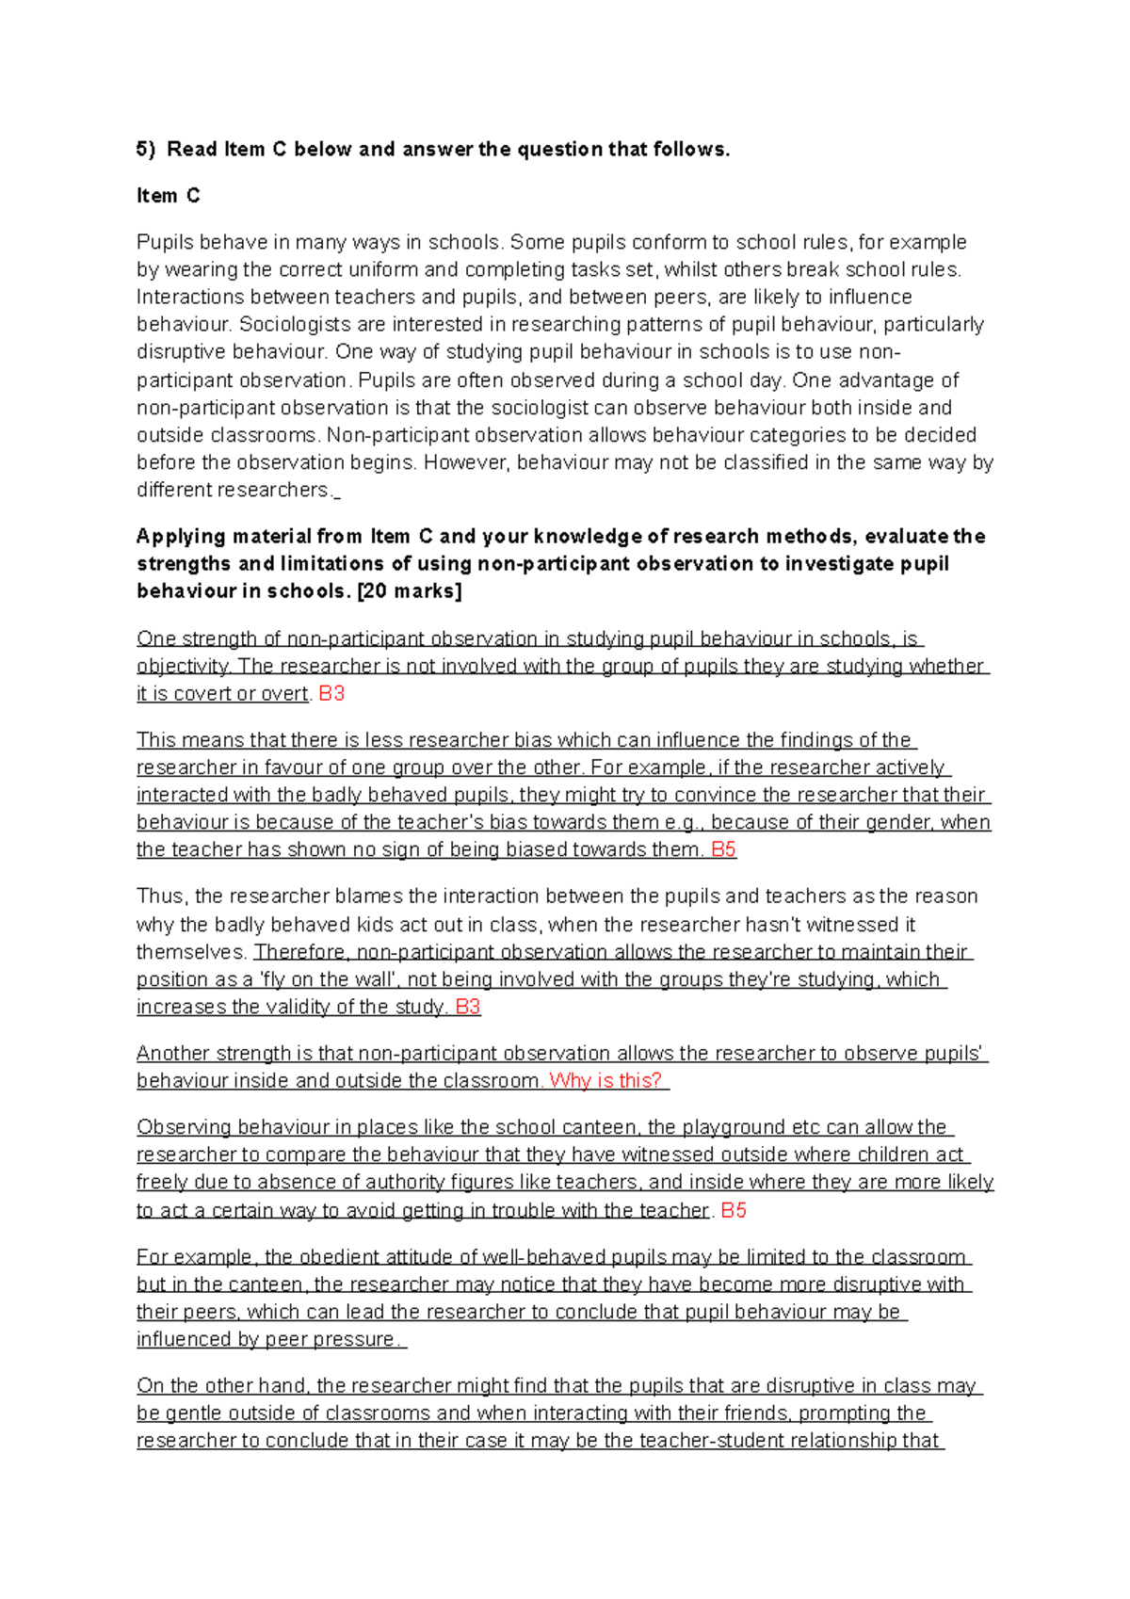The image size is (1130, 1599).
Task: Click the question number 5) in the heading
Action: click(146, 149)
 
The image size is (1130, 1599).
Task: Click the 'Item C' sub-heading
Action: click(168, 196)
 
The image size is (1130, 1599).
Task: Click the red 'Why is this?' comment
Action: click(605, 1081)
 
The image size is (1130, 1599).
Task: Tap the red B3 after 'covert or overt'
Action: click(331, 694)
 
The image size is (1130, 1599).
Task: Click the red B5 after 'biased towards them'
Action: click(723, 849)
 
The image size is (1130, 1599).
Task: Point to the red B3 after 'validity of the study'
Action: click(468, 1007)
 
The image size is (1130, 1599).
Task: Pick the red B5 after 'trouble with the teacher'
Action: click(734, 1210)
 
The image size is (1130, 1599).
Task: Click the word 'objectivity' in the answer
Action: click(183, 667)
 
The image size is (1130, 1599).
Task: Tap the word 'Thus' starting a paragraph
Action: click(159, 896)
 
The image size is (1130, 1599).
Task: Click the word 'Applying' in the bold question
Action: click(181, 537)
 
